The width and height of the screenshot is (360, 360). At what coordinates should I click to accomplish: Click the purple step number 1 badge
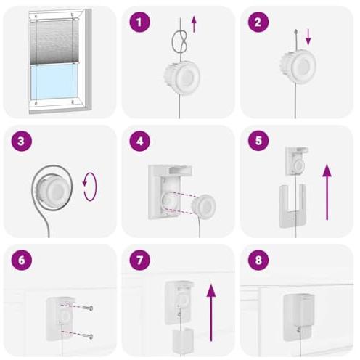point(139,22)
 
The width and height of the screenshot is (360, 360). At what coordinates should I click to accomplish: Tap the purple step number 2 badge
point(258,22)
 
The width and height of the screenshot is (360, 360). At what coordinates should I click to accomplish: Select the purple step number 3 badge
point(21,141)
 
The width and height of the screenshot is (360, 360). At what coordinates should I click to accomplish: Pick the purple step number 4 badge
point(139,141)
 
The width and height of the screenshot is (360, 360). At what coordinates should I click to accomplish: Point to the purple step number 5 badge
point(258,141)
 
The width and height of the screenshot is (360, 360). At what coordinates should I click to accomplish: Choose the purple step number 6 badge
point(21,261)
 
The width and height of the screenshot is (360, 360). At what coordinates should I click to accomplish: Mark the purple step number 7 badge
point(139,261)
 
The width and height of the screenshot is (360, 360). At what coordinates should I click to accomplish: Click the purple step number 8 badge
point(258,261)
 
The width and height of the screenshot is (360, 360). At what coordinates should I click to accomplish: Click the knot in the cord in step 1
point(179,41)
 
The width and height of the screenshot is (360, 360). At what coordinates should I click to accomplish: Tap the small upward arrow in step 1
point(194,25)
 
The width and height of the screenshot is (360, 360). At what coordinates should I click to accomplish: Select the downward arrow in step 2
point(308,37)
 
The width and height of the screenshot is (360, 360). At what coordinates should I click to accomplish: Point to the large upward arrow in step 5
point(327,192)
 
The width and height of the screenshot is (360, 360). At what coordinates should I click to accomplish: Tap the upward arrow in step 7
point(211,312)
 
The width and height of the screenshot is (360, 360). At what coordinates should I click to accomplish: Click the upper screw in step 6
point(88,308)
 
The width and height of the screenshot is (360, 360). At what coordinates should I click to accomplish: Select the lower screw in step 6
point(88,336)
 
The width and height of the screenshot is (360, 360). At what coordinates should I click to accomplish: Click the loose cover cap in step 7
point(183,340)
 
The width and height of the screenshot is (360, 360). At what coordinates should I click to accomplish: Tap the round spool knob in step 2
point(298,66)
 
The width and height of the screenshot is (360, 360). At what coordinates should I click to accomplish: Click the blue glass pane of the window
point(52,82)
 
